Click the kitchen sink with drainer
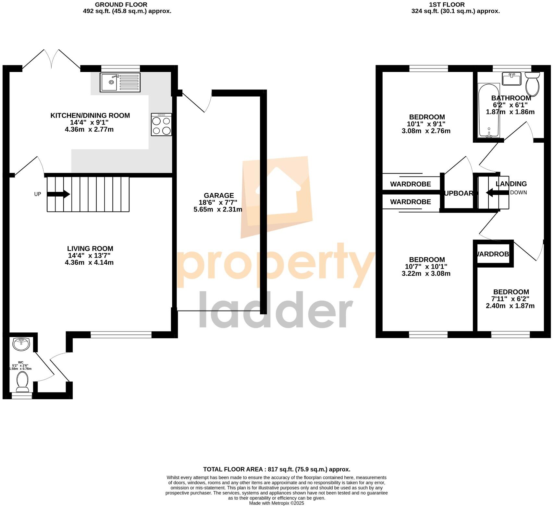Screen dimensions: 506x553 click(120, 82)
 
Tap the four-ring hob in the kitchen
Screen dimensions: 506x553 click(161, 124)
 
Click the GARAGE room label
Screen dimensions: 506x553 click(219, 196)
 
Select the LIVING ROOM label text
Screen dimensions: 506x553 click(90, 249)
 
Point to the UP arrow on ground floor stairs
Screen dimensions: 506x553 click(58, 194)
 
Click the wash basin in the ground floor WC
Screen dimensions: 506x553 click(21, 344)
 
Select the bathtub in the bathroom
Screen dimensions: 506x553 click(489, 111)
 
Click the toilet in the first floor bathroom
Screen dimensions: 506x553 click(532, 84)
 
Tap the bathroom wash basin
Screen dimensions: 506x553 click(511, 79)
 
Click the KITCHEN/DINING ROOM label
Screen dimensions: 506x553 click(90, 115)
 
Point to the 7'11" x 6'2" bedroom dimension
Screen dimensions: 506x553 click(510, 299)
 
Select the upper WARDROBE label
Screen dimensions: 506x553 click(411, 184)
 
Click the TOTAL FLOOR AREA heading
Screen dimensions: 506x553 click(276, 469)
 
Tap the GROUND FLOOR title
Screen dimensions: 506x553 click(121, 5)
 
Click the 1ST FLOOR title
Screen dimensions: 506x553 click(447, 5)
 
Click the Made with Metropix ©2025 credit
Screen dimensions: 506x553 click(276, 503)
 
